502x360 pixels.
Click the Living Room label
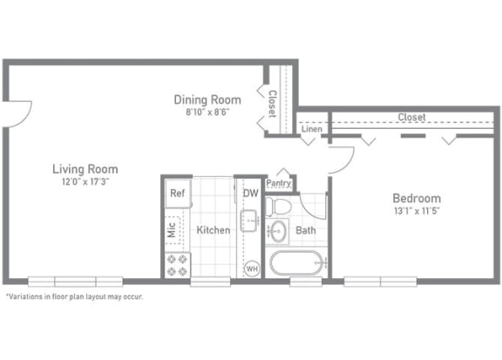(85, 169)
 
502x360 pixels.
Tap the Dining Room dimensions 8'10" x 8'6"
(207, 112)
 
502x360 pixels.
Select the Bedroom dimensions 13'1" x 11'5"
(417, 211)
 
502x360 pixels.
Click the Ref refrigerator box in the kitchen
(178, 194)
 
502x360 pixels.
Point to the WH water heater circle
(252, 268)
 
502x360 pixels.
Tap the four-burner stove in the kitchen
(178, 265)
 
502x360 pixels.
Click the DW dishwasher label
(250, 194)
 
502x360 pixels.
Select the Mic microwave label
(172, 229)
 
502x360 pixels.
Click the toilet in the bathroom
(278, 207)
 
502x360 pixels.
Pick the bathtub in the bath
(295, 262)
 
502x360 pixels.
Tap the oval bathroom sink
(278, 231)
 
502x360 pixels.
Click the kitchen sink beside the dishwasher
(249, 221)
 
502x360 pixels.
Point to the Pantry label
(279, 183)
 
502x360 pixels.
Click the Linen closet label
(311, 129)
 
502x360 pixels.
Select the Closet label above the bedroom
(411, 117)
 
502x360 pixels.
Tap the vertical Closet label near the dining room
(272, 104)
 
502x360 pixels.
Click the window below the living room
(76, 282)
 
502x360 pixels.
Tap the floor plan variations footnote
(74, 296)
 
